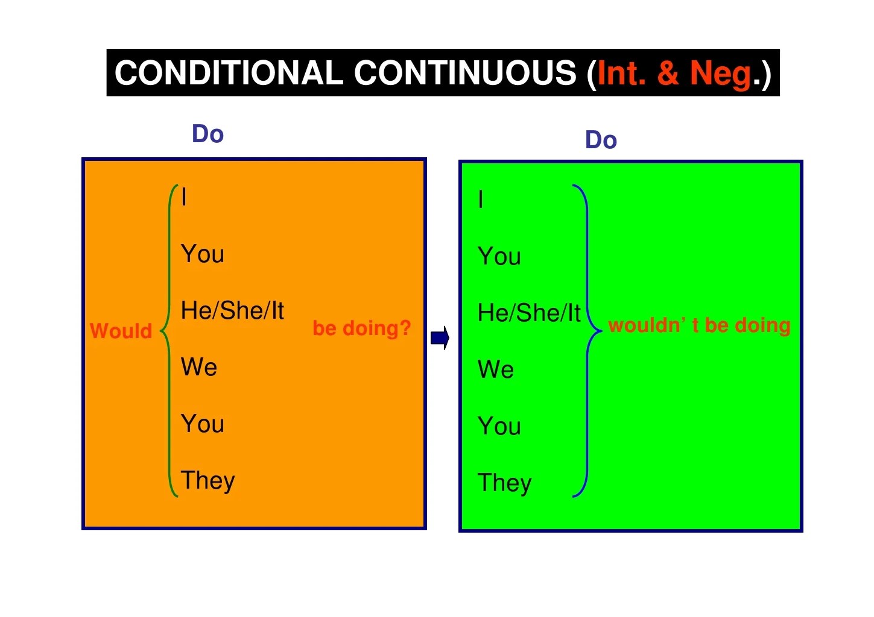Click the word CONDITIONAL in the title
(x=229, y=73)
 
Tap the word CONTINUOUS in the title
(x=465, y=73)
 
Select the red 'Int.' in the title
(x=621, y=73)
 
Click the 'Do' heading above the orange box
(x=207, y=134)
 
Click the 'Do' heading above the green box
(x=601, y=140)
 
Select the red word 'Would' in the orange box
(x=121, y=331)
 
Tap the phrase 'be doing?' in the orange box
(x=361, y=328)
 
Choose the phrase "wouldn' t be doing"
(x=699, y=325)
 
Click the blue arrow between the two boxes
(x=440, y=338)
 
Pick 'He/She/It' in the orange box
(x=232, y=311)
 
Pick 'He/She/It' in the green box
(x=529, y=313)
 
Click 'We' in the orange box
(x=199, y=367)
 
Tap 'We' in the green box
(x=496, y=369)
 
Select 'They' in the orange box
(x=207, y=481)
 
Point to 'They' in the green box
(x=504, y=483)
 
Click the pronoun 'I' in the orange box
(x=184, y=197)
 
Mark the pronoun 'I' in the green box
(x=481, y=199)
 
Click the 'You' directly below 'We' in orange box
(x=203, y=424)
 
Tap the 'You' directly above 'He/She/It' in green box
(x=499, y=257)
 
